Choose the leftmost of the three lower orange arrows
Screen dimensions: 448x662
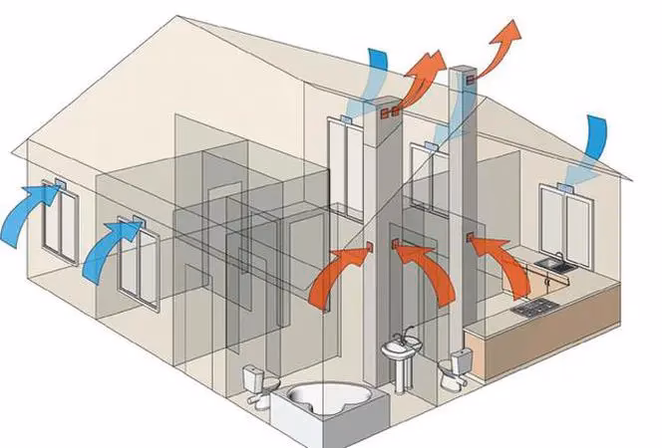(x=334, y=274)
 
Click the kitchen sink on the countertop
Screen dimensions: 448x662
(x=554, y=265)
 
